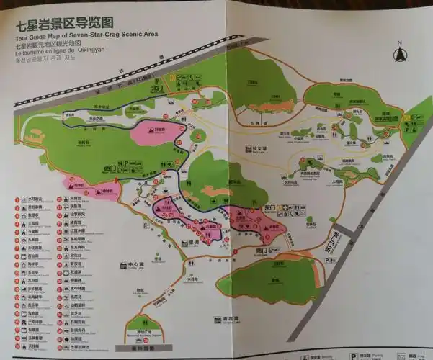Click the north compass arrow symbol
tap(398, 51)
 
